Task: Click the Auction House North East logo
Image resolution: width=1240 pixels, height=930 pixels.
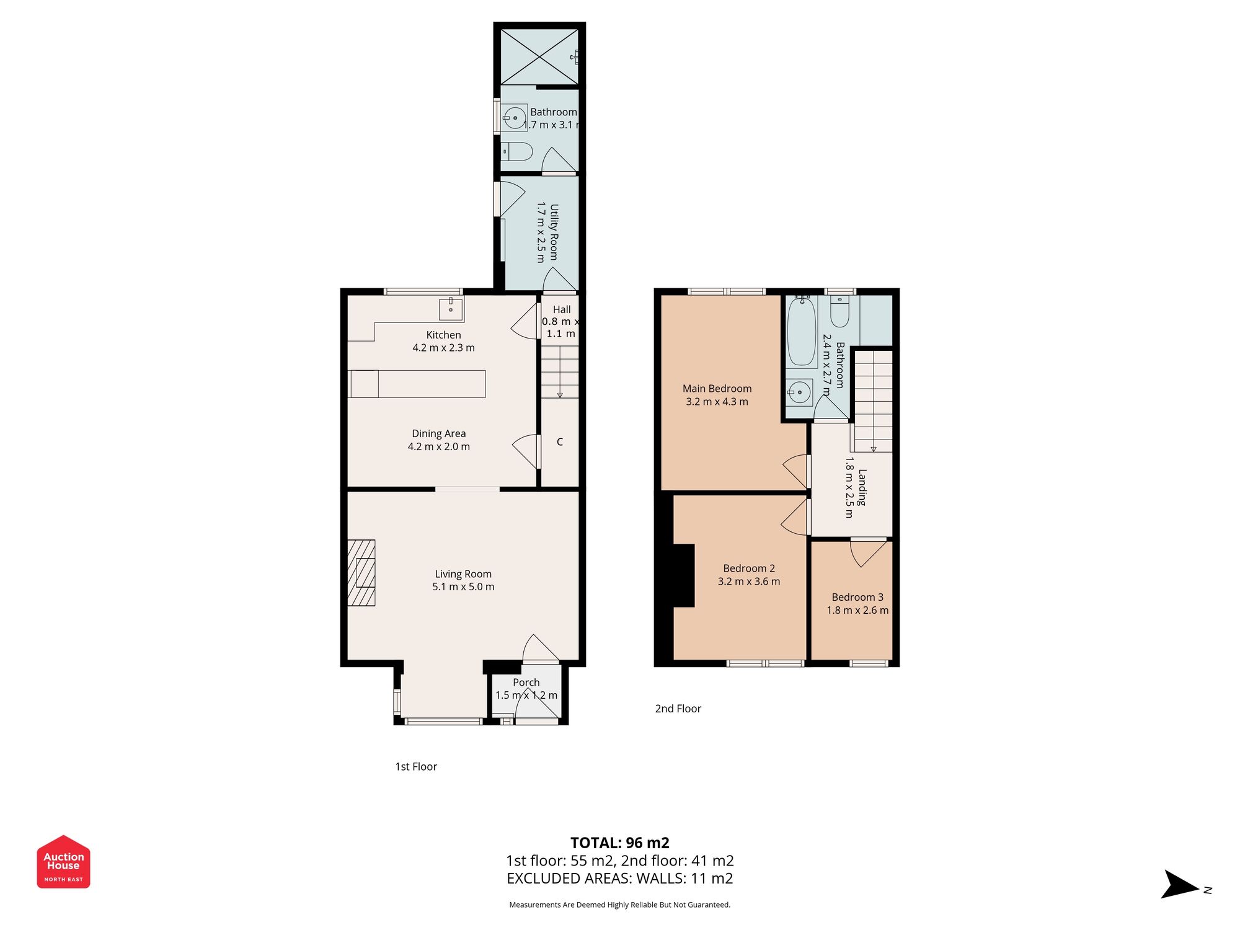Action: [x=63, y=861]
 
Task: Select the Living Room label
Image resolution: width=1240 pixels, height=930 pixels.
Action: [x=463, y=574]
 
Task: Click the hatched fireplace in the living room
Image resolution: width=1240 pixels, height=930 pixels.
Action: [x=361, y=573]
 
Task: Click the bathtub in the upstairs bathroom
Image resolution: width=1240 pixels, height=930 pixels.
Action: [x=802, y=332]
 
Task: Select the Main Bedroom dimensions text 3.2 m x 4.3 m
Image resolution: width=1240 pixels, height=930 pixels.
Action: [x=717, y=402]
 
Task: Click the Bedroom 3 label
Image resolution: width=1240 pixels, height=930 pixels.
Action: [x=857, y=597]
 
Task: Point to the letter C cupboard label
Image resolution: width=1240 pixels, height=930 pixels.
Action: [x=560, y=442]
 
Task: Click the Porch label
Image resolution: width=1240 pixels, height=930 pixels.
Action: [x=526, y=682]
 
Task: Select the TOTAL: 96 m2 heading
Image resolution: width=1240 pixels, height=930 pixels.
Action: [x=619, y=843]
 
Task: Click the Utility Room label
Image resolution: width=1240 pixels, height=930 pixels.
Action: [x=554, y=232]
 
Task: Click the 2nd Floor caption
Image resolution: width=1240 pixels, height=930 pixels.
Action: [x=678, y=709]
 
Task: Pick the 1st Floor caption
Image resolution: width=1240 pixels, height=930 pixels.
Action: [x=416, y=766]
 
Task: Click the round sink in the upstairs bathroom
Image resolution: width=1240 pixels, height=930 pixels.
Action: [x=800, y=392]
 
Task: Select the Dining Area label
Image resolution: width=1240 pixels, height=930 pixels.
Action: [x=438, y=433]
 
